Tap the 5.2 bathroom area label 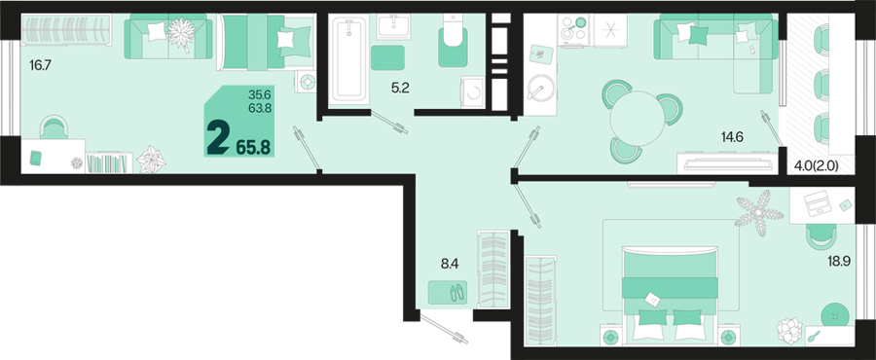(401, 88)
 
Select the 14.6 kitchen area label (731, 137)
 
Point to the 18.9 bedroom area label (839, 260)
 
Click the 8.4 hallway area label (449, 264)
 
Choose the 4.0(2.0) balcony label (817, 165)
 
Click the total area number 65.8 (253, 147)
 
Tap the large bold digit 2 (218, 140)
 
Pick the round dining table (637, 119)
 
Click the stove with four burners (573, 28)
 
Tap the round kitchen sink (539, 88)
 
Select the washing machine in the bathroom (474, 92)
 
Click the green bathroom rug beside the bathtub (387, 57)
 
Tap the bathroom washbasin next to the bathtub (394, 27)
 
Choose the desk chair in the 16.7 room (54, 127)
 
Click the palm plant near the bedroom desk (758, 213)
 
